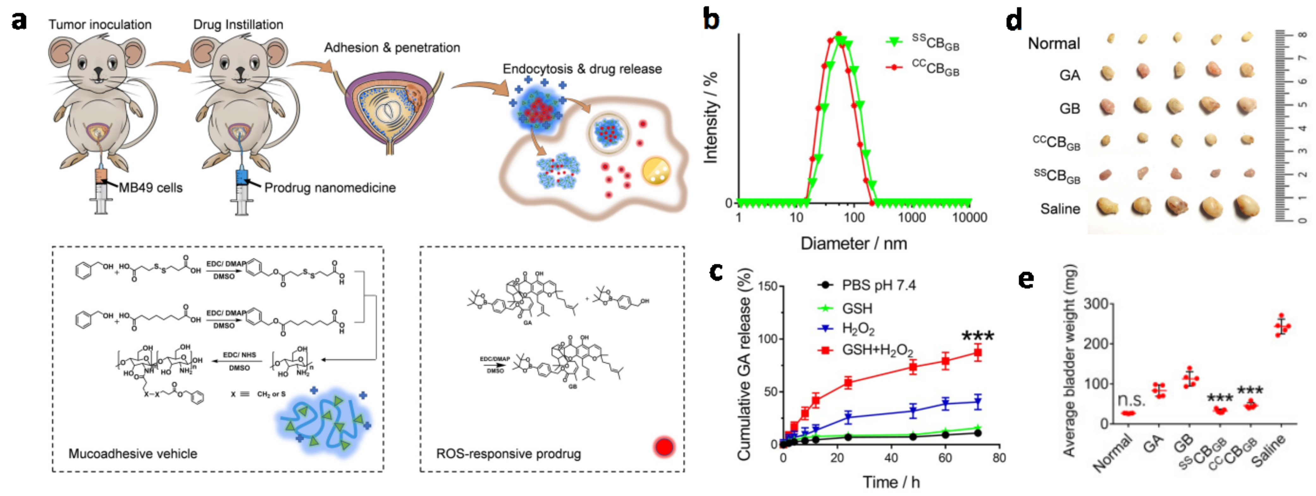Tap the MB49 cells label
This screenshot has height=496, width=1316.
pos(151,188)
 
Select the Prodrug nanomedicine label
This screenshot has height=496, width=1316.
pos(330,188)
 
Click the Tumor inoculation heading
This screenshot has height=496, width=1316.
pos(100,25)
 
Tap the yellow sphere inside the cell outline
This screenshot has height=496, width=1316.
pos(656,170)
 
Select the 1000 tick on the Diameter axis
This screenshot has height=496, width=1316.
pos(912,217)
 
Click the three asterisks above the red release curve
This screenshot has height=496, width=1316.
pos(978,336)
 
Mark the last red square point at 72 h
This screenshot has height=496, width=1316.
pos(977,352)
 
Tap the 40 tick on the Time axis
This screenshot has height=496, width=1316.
pos(892,458)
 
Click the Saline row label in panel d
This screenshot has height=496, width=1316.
pos(1060,209)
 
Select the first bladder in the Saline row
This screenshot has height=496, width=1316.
pos(1107,206)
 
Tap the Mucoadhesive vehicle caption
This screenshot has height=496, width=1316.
pos(133,454)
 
